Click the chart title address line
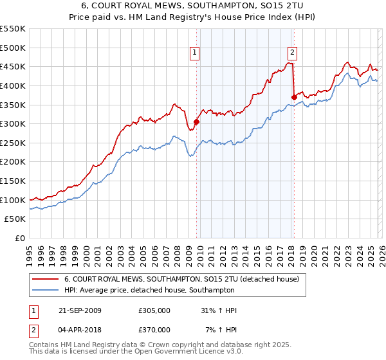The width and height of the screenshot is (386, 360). (193, 5)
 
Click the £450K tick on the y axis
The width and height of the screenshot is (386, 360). (13, 67)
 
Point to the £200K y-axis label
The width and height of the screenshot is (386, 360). (13, 162)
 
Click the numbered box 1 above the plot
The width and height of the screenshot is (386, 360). (195, 53)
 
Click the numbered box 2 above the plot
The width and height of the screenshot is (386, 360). (292, 53)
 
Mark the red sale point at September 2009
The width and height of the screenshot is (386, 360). (197, 122)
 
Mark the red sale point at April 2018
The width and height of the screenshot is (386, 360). (294, 97)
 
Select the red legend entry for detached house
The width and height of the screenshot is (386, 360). (181, 280)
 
